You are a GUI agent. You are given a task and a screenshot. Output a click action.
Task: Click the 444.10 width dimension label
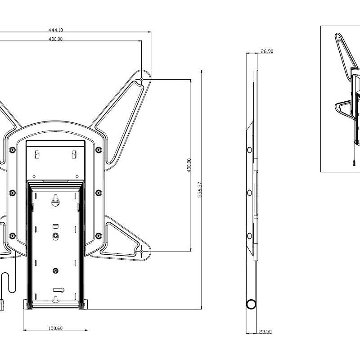55,30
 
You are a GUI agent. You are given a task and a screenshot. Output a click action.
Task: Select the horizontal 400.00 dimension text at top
55,39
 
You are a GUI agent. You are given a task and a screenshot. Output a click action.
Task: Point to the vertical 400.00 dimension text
189,165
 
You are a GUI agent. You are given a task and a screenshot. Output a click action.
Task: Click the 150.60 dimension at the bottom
55,328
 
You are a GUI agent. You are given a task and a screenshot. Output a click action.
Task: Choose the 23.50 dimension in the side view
265,332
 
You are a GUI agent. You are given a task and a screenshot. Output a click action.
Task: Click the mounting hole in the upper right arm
142,79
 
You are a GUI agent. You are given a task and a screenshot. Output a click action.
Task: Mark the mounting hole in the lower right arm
142,251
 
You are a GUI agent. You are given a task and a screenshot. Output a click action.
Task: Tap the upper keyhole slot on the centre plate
55,199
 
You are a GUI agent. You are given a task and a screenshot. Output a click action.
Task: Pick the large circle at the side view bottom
251,304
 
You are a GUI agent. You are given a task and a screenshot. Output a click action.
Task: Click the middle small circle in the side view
248,193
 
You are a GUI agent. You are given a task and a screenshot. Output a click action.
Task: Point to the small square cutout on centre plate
55,224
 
